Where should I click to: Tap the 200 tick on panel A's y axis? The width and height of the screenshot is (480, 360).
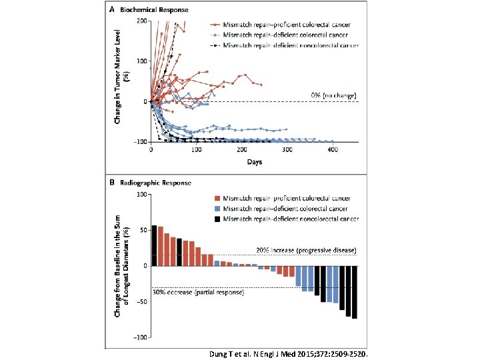[143, 21]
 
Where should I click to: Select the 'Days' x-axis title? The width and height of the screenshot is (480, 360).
[254, 162]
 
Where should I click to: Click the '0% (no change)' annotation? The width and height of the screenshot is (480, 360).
[334, 95]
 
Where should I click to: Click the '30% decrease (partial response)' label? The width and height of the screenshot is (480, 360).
[198, 292]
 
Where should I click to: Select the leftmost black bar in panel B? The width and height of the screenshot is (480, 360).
[155, 245]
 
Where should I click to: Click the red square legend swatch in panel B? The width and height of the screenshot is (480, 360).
[218, 198]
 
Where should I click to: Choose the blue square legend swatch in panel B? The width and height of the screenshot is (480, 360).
[218, 209]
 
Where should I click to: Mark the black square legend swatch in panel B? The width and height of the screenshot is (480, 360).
[218, 219]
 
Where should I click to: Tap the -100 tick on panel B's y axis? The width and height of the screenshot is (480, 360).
[141, 337]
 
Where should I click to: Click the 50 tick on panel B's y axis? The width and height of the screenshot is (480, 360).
[143, 230]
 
